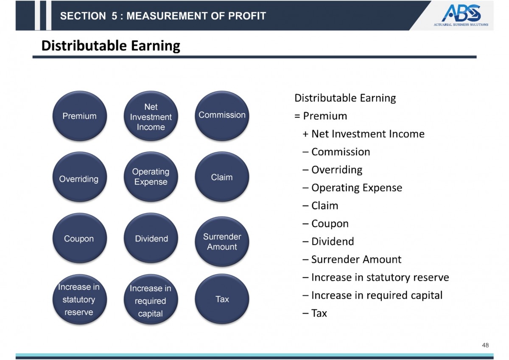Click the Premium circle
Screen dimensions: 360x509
79,116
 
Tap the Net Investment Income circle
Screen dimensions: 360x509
151,117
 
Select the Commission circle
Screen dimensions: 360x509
222,115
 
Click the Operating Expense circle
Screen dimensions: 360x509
151,177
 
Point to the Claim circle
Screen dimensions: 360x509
222,177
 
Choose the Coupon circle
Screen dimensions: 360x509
79,239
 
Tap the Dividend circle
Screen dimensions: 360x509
151,239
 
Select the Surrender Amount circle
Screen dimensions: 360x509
222,242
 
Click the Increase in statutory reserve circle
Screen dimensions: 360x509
79,299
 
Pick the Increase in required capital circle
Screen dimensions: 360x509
151,301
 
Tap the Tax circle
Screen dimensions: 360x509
222,299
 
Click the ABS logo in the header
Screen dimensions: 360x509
461,15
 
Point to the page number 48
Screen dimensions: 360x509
485,345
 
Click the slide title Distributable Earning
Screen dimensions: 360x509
111,45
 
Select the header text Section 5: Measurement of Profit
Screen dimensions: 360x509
163,16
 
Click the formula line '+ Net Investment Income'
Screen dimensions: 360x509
364,134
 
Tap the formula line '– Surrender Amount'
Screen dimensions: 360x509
352,259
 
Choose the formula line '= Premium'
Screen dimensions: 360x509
321,116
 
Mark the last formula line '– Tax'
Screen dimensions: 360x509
315,313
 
